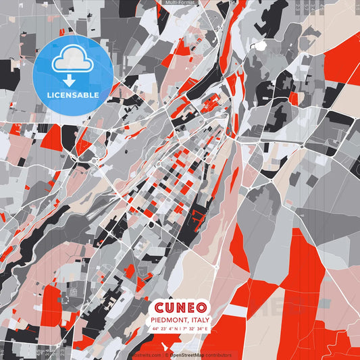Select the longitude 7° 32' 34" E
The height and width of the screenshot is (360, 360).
tap(197, 328)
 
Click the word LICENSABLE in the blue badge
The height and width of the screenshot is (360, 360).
tap(72, 95)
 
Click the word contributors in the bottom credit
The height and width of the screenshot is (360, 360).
tap(217, 355)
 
